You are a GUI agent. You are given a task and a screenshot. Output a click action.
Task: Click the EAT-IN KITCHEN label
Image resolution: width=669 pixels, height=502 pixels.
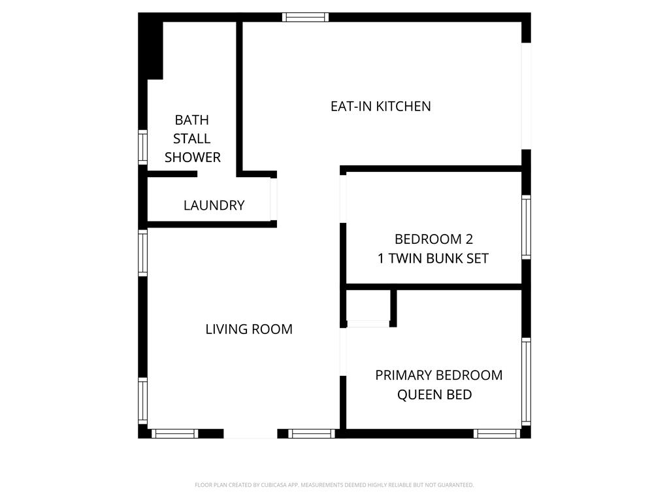pyautogui.click(x=381, y=107)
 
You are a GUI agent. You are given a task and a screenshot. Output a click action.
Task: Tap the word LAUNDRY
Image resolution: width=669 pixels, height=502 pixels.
pyautogui.click(x=214, y=205)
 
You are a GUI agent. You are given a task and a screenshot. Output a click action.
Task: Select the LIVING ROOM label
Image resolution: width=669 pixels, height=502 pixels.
pyautogui.click(x=249, y=329)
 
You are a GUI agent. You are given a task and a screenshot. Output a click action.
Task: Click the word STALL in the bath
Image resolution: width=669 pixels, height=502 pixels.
pyautogui.click(x=191, y=139)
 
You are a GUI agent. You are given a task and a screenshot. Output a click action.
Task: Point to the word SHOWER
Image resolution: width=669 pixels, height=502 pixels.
pyautogui.click(x=193, y=158)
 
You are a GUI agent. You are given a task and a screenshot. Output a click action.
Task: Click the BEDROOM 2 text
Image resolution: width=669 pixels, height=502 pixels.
pyautogui.click(x=434, y=239)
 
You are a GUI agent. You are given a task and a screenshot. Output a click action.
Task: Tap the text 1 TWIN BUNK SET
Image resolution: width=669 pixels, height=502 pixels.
pyautogui.click(x=433, y=258)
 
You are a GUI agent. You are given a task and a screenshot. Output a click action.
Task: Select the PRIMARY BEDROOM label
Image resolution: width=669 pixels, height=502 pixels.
pyautogui.click(x=438, y=375)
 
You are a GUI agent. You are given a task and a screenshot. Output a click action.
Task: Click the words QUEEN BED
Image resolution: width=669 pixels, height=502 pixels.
pyautogui.click(x=434, y=394)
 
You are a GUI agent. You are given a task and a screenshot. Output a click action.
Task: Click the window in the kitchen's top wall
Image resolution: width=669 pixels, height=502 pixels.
pyautogui.click(x=305, y=17)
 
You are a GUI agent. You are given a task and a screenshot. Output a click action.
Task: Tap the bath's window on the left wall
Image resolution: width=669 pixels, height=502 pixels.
pyautogui.click(x=142, y=147)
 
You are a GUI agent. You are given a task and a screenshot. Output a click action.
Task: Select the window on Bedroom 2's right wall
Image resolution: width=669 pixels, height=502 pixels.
pyautogui.click(x=527, y=227)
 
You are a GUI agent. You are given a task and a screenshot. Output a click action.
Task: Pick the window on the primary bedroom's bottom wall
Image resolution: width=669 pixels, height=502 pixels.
pyautogui.click(x=497, y=434)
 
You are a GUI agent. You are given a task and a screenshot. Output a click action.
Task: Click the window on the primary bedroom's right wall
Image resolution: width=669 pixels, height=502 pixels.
pyautogui.click(x=527, y=382)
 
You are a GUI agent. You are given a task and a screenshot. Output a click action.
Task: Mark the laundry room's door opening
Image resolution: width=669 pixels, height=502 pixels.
pyautogui.click(x=274, y=199)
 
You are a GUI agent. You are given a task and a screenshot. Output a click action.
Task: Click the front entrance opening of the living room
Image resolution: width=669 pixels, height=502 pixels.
pyautogui.click(x=250, y=434)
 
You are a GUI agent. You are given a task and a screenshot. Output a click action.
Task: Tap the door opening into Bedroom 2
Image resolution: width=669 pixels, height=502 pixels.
pyautogui.click(x=342, y=199)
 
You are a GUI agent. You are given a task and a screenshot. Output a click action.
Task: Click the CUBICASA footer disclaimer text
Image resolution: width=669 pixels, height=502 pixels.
pyautogui.click(x=334, y=485)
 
